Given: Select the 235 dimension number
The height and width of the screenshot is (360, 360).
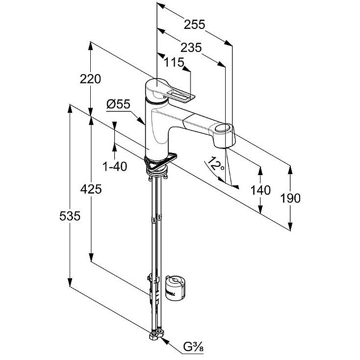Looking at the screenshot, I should coord(191,47).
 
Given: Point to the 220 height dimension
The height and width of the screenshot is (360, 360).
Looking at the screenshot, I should coord(91,79).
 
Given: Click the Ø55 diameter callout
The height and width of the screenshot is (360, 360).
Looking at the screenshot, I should coord(118,103).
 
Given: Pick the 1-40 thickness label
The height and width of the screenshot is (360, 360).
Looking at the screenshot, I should coord(115,166).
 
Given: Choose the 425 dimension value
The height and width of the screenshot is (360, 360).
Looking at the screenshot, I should coord(91,189).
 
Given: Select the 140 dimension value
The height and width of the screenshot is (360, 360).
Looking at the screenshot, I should coord(260,190).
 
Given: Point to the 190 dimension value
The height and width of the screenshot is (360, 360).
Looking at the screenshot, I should coord(290,198).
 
